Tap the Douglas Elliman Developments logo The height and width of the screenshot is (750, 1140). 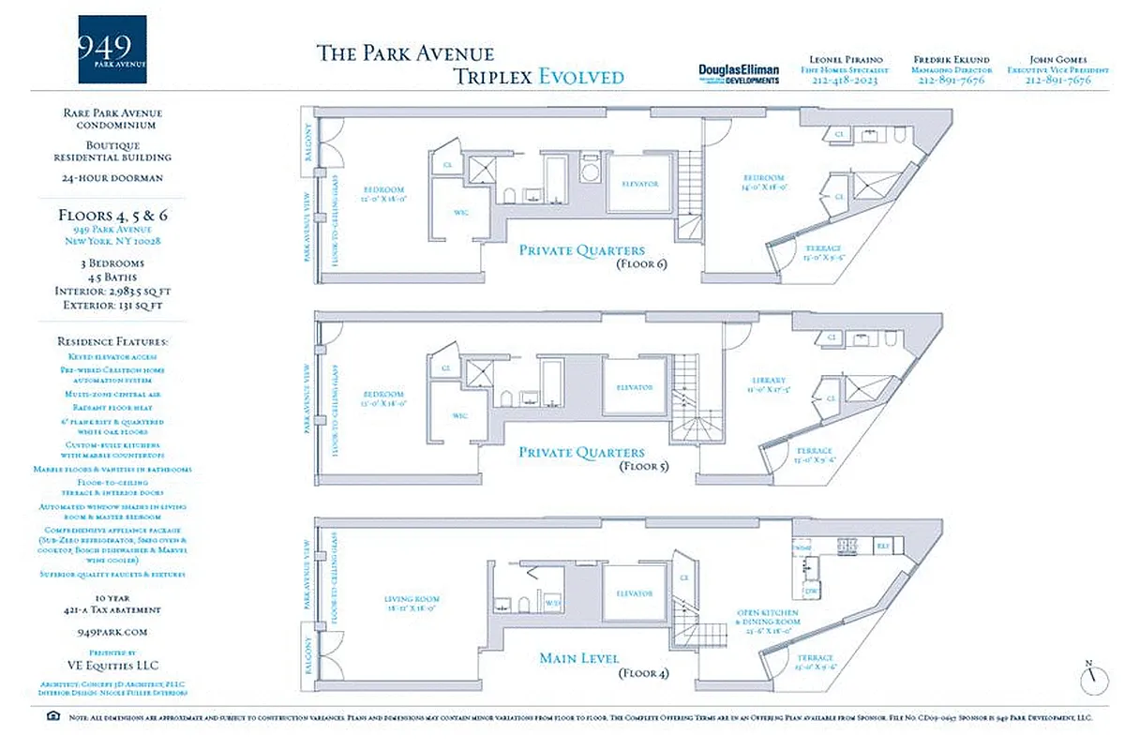pos(739,74)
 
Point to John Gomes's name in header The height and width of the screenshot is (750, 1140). pos(1057,59)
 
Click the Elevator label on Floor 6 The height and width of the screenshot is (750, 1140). pos(638,184)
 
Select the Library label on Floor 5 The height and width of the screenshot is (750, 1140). pos(761,381)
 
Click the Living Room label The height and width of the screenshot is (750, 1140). pos(412,599)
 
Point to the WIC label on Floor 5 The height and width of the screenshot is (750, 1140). pos(459,415)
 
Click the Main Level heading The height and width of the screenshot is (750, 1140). pos(577,658)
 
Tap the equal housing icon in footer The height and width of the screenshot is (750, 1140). pos(52,717)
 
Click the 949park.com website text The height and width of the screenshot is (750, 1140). pos(109,633)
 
